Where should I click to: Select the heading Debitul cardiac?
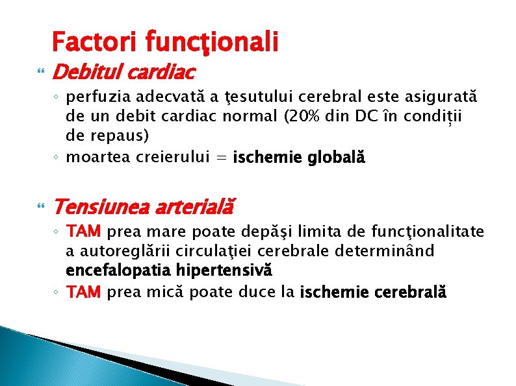pos(123,71)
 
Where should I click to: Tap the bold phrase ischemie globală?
pos(299,157)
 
